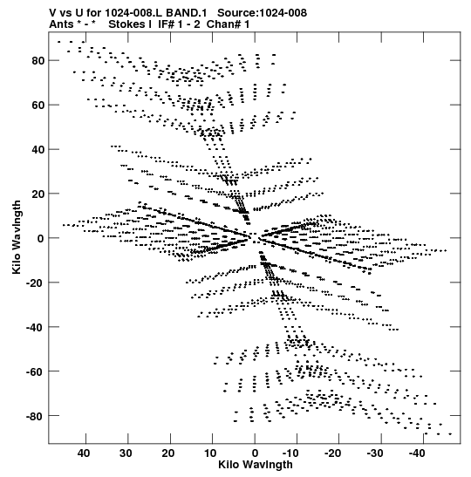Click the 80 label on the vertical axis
point(38,61)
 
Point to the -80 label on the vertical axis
point(35,416)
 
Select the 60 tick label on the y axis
point(38,106)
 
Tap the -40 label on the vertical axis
point(35,327)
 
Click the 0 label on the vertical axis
point(41,239)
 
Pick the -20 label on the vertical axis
point(35,283)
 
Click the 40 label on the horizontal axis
point(84,453)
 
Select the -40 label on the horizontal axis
point(417,453)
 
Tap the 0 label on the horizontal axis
point(255,453)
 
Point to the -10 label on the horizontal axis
point(290,453)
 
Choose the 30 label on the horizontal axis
point(126,453)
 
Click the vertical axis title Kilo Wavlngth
point(17,237)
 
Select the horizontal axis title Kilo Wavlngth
point(256,465)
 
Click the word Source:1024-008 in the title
point(263,13)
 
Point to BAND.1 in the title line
point(187,13)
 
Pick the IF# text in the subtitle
point(167,24)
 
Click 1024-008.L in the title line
point(134,13)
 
